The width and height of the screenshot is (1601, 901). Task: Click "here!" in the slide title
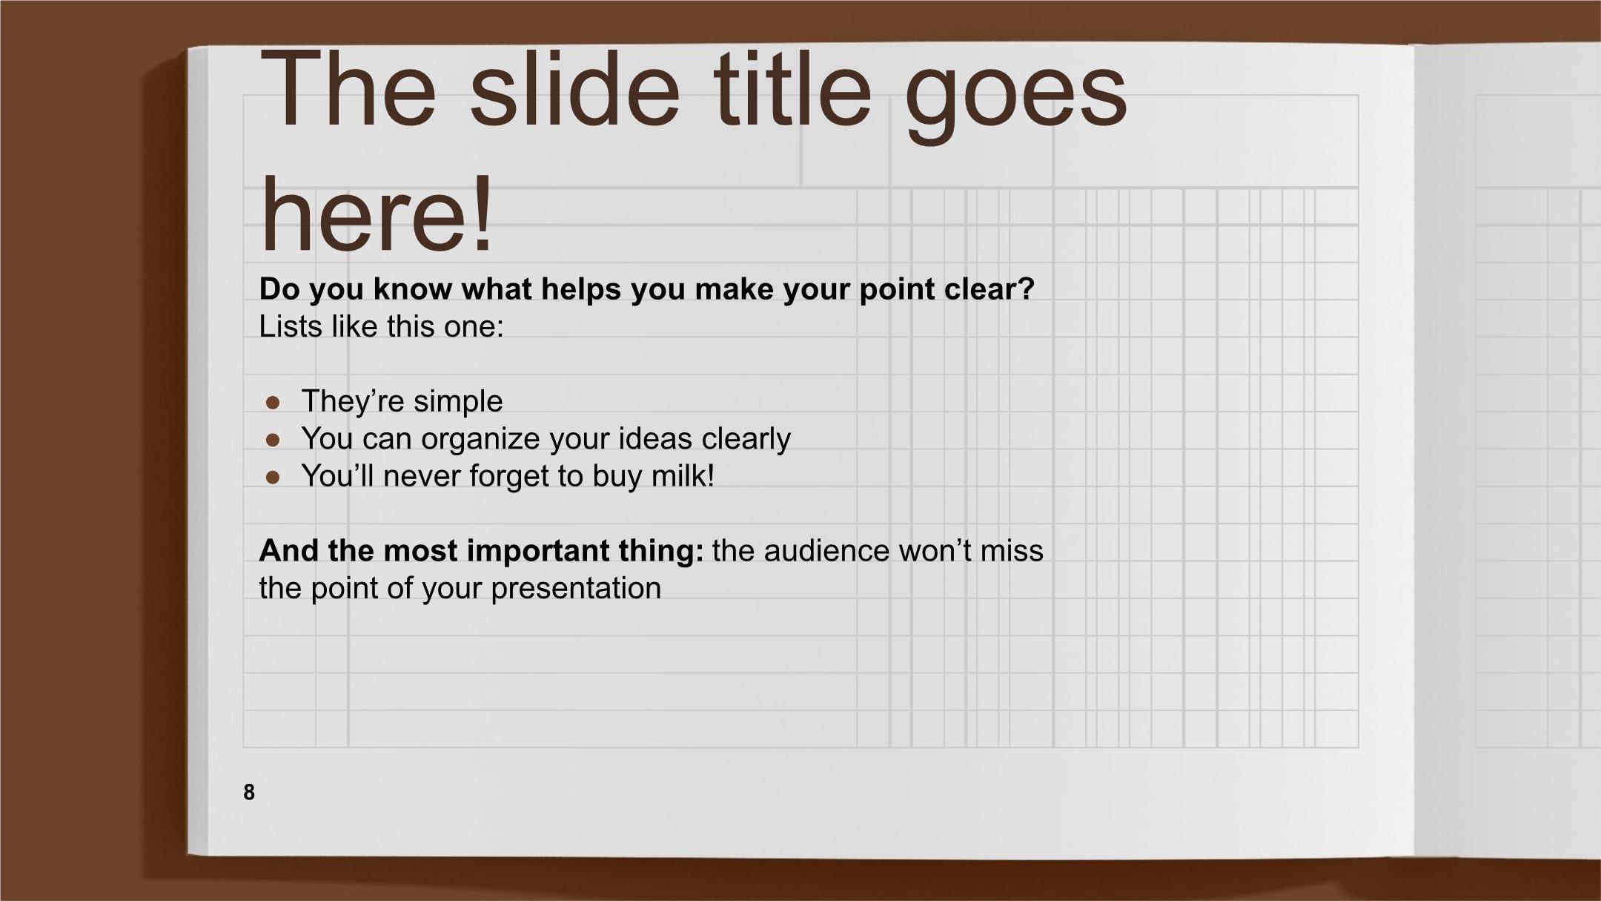click(x=377, y=213)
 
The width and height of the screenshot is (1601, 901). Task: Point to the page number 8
click(x=249, y=792)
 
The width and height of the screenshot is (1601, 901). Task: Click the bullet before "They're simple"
click(x=273, y=403)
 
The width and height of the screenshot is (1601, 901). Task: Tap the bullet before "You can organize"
click(x=273, y=440)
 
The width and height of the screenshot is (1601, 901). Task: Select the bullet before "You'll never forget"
click(x=273, y=478)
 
